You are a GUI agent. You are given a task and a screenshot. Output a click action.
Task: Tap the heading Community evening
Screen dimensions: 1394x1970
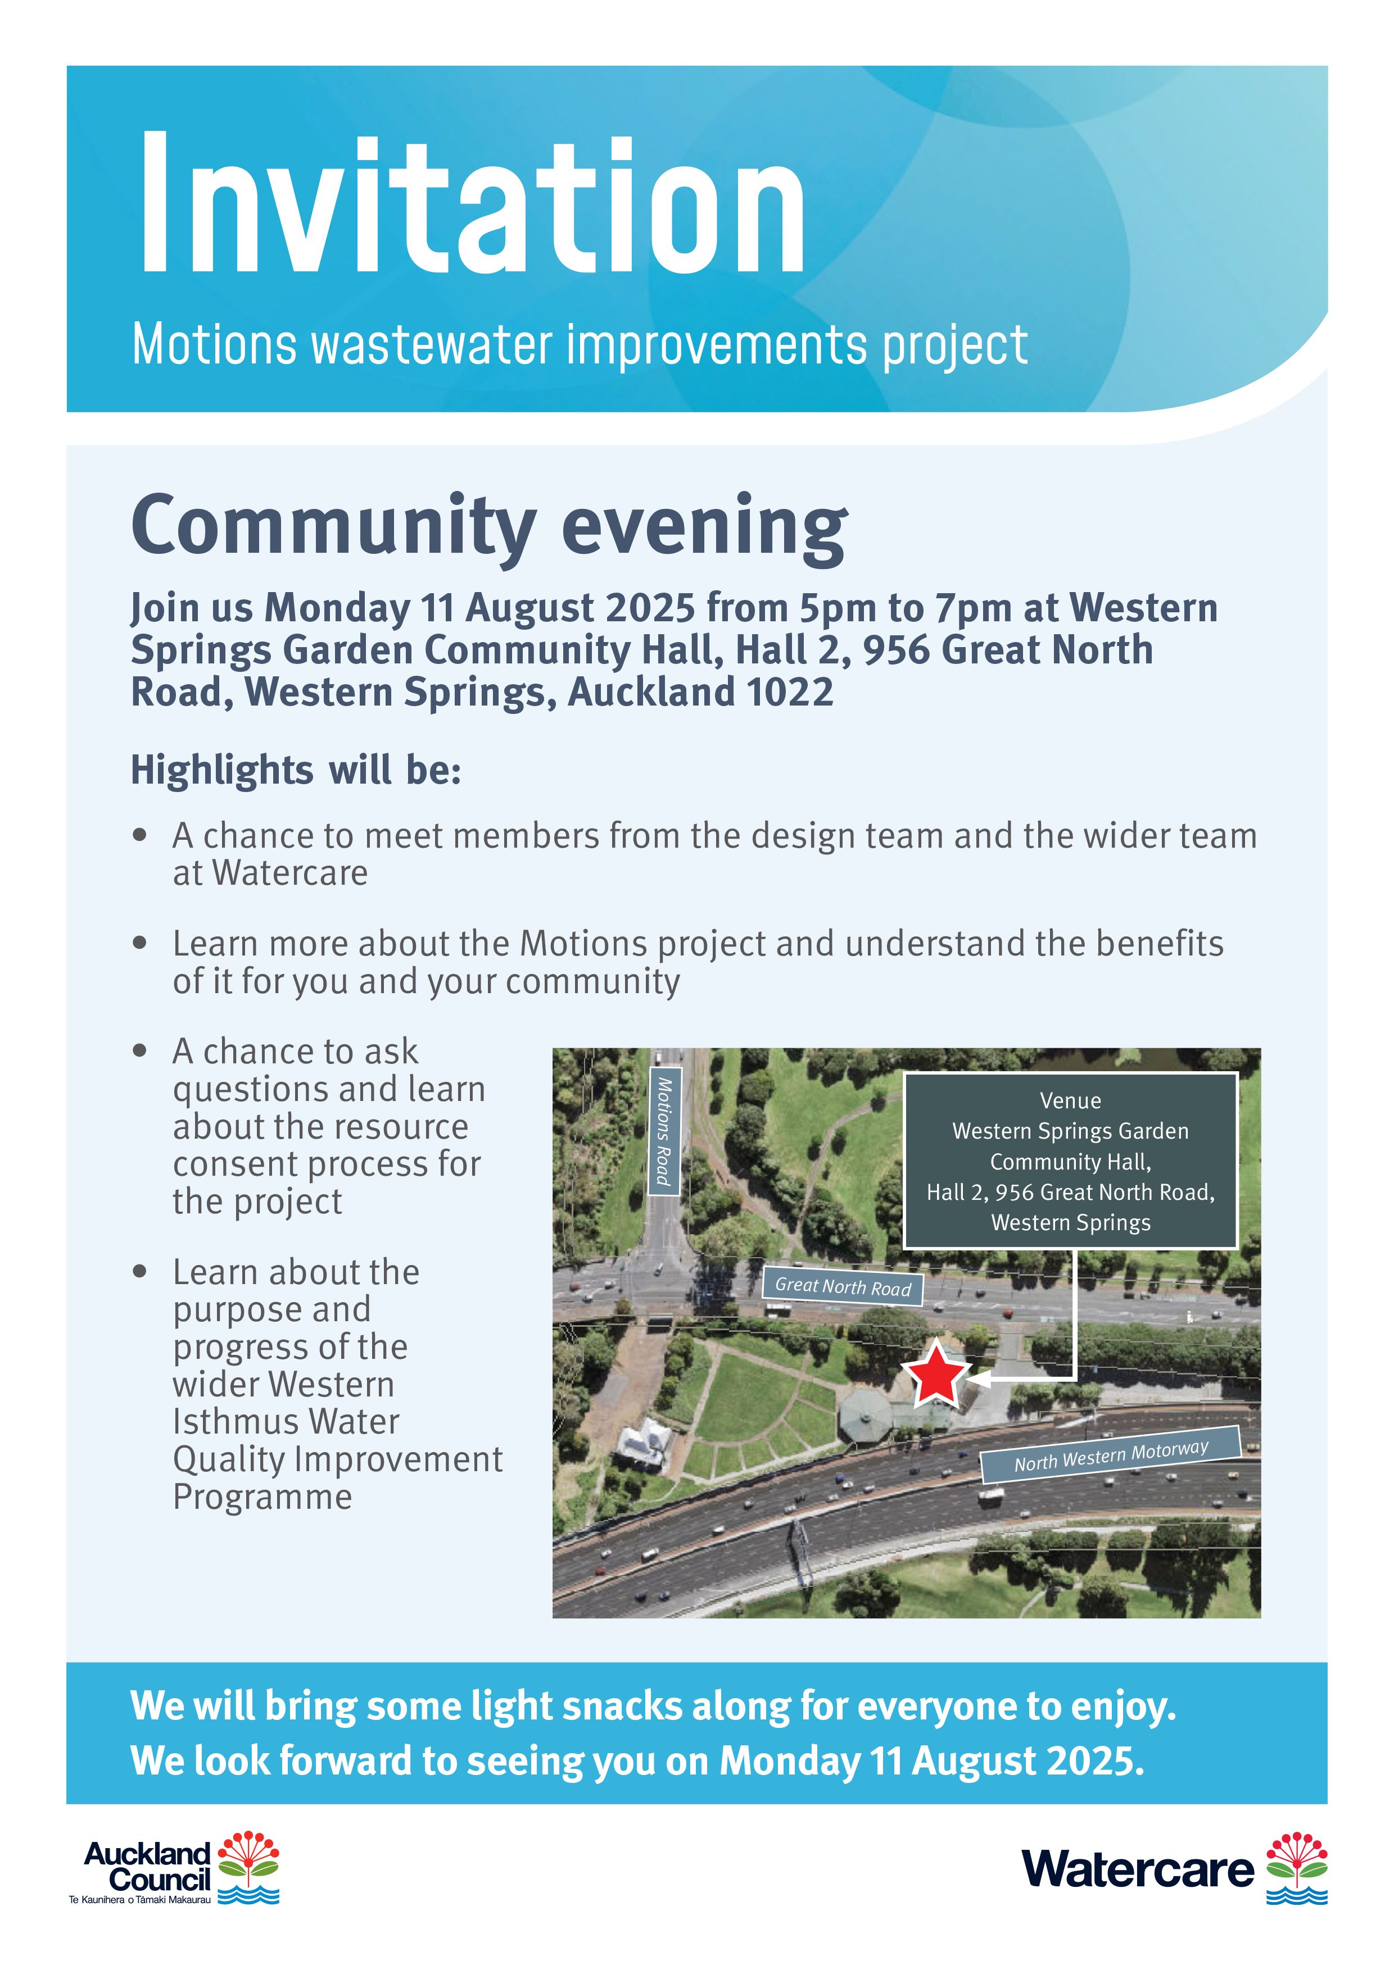click(489, 526)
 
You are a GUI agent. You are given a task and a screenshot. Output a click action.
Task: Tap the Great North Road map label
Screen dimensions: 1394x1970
click(843, 1286)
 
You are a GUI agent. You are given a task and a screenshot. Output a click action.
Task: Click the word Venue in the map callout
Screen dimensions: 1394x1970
click(1070, 1101)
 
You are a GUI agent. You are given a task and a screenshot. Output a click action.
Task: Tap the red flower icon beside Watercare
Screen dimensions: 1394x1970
click(1297, 1868)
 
